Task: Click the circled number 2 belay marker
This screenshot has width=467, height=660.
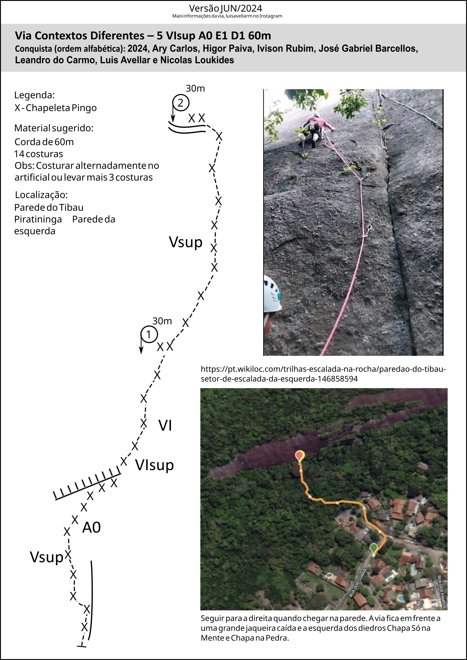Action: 181,103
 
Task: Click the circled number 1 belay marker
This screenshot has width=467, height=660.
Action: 149,334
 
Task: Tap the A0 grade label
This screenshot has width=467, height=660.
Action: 91,527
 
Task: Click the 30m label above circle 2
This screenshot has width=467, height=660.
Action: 195,88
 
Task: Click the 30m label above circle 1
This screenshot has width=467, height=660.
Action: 162,321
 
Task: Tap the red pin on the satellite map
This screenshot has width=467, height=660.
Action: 300,455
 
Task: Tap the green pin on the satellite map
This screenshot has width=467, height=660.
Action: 373,548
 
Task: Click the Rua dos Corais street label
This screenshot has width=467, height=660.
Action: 358,582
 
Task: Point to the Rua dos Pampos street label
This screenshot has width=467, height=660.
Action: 442,592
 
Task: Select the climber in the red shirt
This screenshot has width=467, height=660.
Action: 316,129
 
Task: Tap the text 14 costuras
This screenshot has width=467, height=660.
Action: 38,154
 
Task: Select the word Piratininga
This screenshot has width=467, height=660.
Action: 38,219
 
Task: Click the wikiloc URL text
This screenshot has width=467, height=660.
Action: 323,374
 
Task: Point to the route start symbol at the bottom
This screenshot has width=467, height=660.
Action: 82,646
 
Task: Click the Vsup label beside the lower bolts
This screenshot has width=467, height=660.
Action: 47,557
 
